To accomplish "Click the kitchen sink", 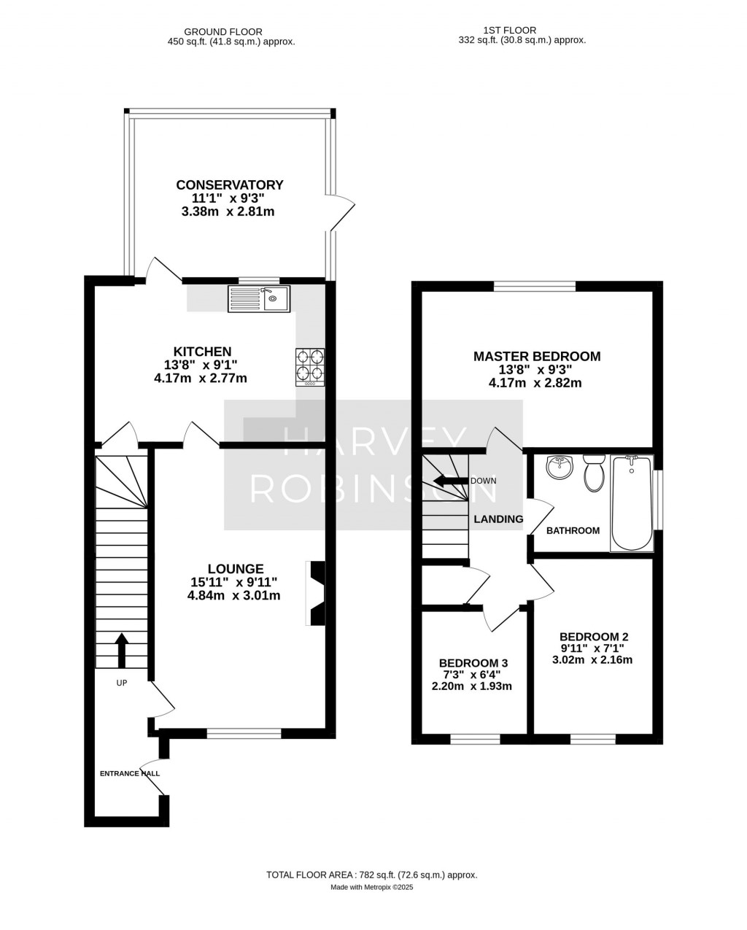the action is point(259,298).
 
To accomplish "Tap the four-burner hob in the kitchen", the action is point(310,367).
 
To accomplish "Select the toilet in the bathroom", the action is point(594,473).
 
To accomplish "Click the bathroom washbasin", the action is point(560,467).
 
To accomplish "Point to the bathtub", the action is point(632,503).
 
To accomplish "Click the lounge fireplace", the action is point(316,593).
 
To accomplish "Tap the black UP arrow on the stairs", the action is point(122,651).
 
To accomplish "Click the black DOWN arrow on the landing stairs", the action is point(450,481).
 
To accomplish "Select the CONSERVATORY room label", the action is point(230,185).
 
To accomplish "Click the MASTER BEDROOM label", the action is point(537,357).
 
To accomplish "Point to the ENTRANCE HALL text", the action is point(130,774).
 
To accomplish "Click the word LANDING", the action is point(498,519).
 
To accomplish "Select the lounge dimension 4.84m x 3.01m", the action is point(234,595).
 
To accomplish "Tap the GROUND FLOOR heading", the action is point(223,31).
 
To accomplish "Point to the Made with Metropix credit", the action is point(372,887).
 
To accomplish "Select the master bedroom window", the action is point(535,286).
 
